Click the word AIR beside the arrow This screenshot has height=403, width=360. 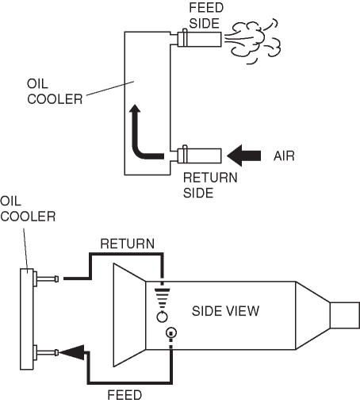(x=284, y=155)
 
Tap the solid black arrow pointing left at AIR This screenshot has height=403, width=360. (x=243, y=155)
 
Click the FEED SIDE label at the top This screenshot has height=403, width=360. (x=206, y=16)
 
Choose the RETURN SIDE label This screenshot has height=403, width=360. (x=210, y=185)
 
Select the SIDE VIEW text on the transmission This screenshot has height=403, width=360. (x=225, y=311)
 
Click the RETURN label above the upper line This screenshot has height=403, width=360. (x=128, y=244)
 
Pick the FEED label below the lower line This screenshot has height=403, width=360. (x=124, y=395)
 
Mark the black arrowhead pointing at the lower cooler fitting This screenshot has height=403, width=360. (x=71, y=352)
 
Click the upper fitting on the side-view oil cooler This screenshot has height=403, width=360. (x=46, y=278)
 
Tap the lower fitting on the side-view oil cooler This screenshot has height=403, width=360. (x=46, y=352)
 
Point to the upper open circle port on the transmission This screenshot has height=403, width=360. (x=162, y=317)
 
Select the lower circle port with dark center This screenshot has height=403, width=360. (x=171, y=332)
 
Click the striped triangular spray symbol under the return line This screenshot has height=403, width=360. (x=162, y=297)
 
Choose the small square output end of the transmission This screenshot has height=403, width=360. (x=345, y=315)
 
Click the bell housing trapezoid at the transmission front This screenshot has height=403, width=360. (x=129, y=315)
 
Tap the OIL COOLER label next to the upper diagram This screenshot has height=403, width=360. (x=55, y=91)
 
